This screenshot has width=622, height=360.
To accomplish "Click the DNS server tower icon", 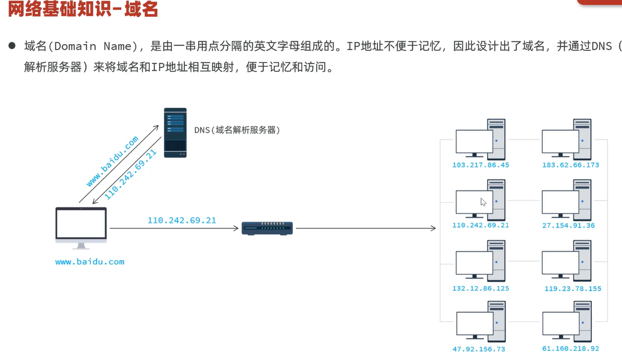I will pos(175,133).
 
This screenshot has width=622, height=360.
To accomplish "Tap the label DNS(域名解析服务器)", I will pos(237,130).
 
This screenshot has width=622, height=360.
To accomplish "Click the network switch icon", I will pos(267,229).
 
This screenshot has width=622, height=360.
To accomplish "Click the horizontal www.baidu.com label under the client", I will pos(90,262).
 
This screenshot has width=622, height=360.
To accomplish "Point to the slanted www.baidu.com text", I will pos(113,161).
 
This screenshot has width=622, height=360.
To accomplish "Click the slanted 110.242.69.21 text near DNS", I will pos(131,174).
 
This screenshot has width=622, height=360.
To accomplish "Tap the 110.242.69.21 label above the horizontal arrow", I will pos(182,220).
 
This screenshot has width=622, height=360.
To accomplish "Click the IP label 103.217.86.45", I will pos(481,165).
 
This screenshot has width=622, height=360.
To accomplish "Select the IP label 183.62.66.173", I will pos(571,165).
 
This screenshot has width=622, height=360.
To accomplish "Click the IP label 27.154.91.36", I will pos(569,225).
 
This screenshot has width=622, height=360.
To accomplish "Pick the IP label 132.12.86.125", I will pos(481,288).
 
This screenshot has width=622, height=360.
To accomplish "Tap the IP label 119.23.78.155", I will pos(572,288).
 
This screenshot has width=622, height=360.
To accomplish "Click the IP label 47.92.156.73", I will pos(479,349).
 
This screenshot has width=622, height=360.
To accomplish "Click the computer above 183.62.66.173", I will pos(567,139).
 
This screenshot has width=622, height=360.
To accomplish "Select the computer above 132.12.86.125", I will pos(480,261).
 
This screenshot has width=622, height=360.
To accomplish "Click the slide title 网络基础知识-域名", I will pos(83,9).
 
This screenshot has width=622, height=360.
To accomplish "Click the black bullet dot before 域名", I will pos(11,46).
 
